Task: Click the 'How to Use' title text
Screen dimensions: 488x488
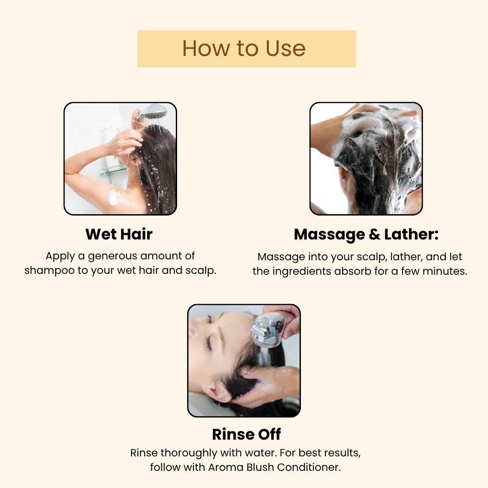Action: click(x=244, y=48)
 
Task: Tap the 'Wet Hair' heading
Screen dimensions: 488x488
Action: click(x=119, y=234)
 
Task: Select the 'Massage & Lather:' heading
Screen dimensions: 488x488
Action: click(x=366, y=235)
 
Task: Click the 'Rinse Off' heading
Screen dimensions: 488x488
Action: click(x=247, y=434)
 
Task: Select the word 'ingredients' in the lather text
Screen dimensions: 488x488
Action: click(x=301, y=272)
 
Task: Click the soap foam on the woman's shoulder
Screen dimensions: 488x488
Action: click(x=113, y=197)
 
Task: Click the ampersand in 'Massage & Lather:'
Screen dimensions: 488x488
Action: click(x=375, y=235)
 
